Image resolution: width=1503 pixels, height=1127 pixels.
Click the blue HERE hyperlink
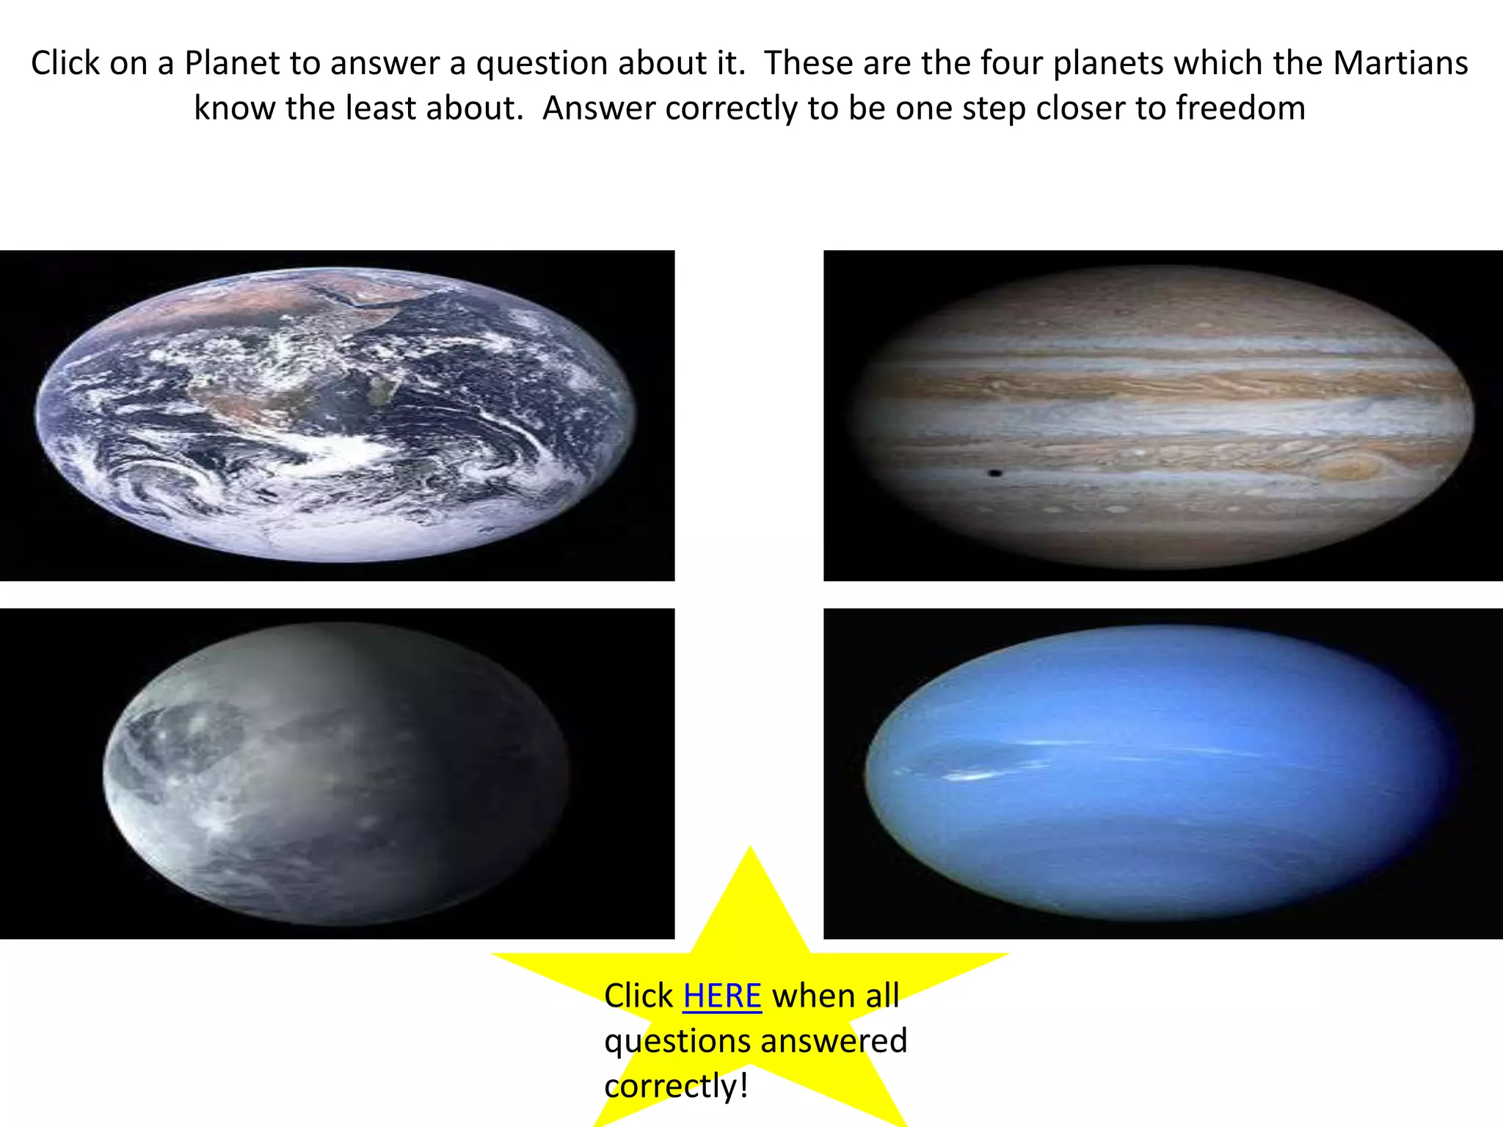(x=722, y=996)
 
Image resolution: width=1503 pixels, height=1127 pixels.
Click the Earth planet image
(x=336, y=415)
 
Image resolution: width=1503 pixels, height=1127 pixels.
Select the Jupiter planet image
(x=1163, y=417)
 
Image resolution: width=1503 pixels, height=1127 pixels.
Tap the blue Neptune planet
(x=1160, y=772)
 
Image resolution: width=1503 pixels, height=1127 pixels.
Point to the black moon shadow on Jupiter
(x=995, y=473)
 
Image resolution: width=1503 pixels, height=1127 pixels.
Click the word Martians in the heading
(x=1400, y=63)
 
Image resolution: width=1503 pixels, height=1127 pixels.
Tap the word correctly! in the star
(x=676, y=1086)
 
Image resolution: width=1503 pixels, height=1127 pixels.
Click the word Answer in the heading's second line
(x=596, y=109)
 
